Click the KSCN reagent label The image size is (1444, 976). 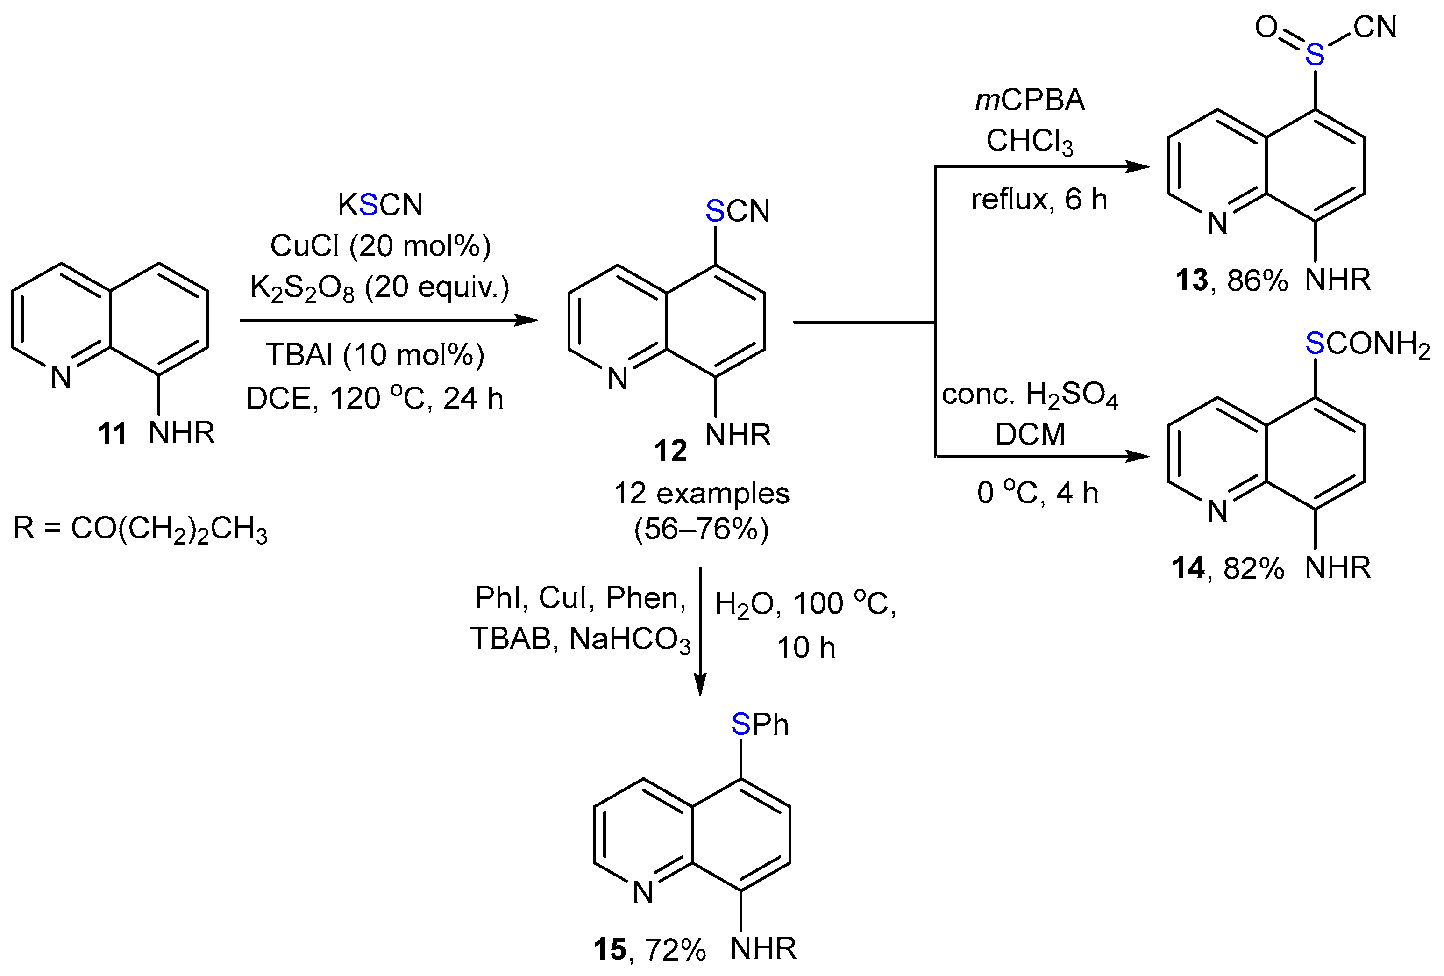[x=380, y=205]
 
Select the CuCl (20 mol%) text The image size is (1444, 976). [x=380, y=246]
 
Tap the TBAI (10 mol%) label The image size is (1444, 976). [x=375, y=355]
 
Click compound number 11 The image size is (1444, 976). [x=112, y=433]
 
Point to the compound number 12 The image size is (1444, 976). [x=670, y=451]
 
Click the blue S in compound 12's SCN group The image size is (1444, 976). [x=715, y=211]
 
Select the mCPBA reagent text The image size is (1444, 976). [x=1030, y=100]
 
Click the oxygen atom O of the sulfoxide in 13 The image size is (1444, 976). [x=1266, y=28]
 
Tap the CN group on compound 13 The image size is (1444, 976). [x=1375, y=28]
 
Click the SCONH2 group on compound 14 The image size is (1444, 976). [x=1366, y=343]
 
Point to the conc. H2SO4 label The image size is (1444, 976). [x=1030, y=395]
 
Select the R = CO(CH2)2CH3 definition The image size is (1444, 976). [x=141, y=530]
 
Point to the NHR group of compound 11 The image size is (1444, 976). [x=181, y=433]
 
